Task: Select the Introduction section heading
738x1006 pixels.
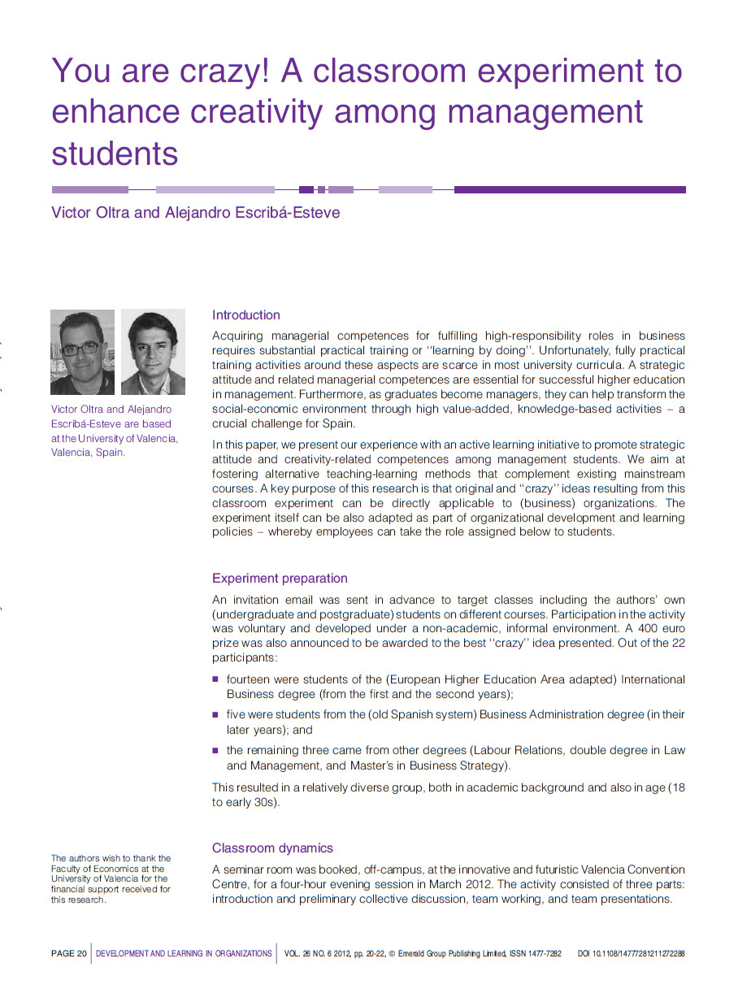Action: click(x=245, y=315)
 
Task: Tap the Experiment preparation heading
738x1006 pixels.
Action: click(x=280, y=579)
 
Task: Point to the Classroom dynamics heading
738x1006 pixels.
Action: click(x=272, y=848)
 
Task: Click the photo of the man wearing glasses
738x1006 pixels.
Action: click(x=82, y=352)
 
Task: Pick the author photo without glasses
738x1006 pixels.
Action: click(x=153, y=352)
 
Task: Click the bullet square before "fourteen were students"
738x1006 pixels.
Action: click(x=216, y=679)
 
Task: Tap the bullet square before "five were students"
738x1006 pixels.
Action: click(x=216, y=714)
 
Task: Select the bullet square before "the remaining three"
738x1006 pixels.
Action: click(x=216, y=750)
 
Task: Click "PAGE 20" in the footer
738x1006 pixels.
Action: click(x=68, y=954)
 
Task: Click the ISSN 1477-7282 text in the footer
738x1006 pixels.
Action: click(x=536, y=954)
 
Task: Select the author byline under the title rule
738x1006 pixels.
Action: click(x=195, y=213)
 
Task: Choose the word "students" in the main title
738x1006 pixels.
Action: click(x=114, y=152)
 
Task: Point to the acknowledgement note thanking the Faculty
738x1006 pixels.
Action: click(x=111, y=878)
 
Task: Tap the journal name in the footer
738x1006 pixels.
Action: click(x=184, y=954)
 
